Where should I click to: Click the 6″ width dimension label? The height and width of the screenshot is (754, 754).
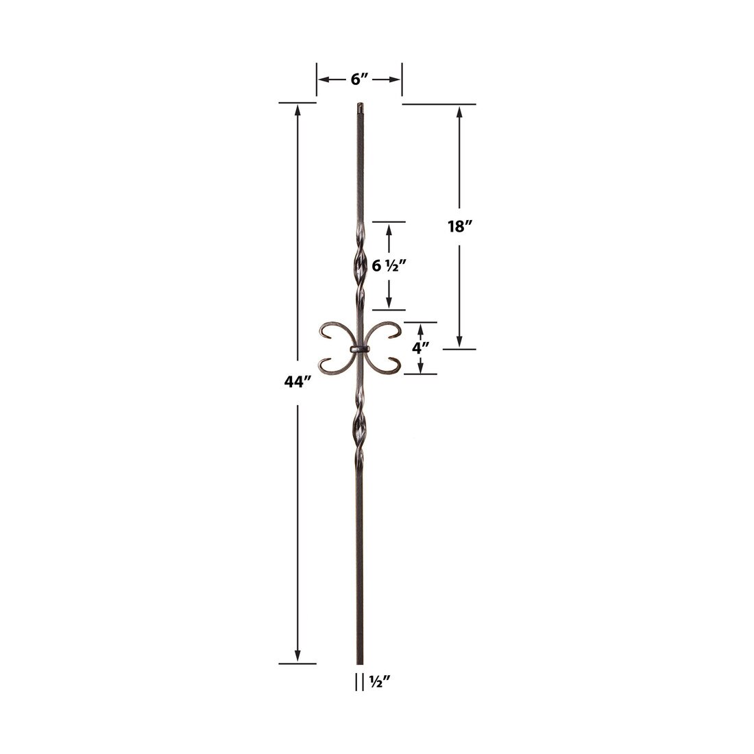(360, 80)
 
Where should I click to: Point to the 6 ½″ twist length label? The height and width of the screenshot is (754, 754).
(376, 265)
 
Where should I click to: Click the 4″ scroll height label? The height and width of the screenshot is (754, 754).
(420, 348)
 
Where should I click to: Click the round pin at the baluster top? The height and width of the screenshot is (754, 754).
(360, 108)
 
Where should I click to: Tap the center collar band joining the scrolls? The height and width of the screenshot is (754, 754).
(360, 349)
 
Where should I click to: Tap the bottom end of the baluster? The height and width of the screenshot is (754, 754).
(360, 662)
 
